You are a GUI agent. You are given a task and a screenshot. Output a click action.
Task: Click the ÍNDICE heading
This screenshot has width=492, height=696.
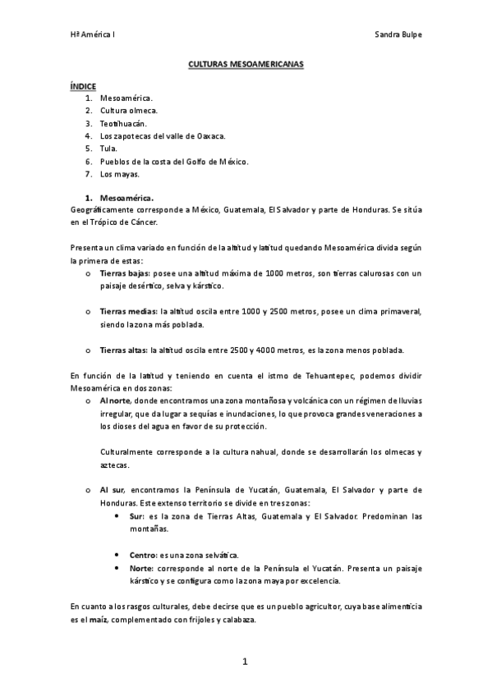(x=82, y=85)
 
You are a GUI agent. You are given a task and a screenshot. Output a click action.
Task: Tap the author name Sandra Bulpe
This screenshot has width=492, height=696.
(x=398, y=35)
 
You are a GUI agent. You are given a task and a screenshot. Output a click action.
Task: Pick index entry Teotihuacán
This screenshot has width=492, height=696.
(x=123, y=123)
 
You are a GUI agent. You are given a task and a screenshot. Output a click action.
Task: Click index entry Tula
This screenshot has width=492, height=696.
(x=108, y=149)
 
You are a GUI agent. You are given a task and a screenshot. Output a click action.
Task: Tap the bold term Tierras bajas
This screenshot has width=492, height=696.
(x=124, y=272)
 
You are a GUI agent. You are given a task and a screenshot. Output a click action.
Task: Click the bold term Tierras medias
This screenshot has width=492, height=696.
(x=128, y=312)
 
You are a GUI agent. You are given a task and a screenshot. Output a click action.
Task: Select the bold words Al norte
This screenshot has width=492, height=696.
(x=116, y=401)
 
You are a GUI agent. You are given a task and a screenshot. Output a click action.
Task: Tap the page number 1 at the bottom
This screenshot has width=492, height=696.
(x=245, y=662)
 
